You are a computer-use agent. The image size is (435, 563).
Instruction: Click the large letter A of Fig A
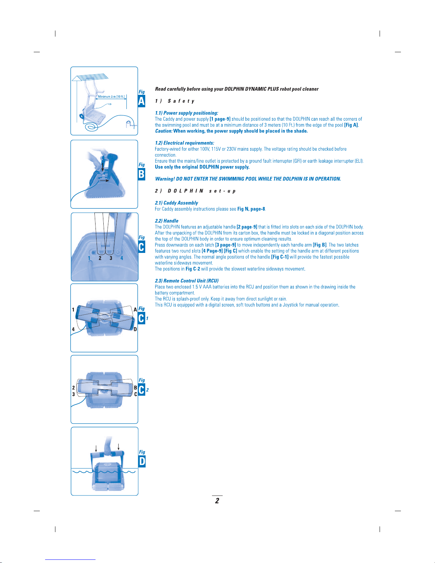click(141, 101)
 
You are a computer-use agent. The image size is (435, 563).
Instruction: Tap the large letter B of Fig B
click(141, 174)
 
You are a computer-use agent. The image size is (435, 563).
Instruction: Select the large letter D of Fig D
click(142, 461)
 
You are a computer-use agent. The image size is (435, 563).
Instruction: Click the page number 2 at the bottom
click(217, 500)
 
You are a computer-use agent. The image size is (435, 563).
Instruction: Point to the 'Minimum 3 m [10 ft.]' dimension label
click(111, 97)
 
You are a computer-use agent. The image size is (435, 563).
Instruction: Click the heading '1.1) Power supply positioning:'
click(186, 113)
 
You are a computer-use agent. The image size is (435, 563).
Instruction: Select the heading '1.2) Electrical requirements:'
click(184, 143)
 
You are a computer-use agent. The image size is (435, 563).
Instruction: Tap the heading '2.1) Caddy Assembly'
click(176, 203)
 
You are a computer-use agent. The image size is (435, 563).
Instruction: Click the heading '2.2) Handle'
click(167, 221)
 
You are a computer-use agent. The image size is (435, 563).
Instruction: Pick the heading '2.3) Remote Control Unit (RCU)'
click(187, 281)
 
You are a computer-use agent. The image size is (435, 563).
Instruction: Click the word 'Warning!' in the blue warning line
click(165, 179)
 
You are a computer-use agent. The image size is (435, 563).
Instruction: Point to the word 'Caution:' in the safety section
click(164, 131)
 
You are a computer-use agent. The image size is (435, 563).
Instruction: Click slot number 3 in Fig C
click(111, 258)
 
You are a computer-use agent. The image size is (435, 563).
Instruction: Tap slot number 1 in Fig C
click(89, 258)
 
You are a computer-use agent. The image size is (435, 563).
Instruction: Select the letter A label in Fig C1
click(135, 310)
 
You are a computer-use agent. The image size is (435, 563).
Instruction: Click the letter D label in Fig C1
click(135, 329)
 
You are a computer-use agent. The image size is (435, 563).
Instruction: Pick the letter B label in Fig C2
click(135, 388)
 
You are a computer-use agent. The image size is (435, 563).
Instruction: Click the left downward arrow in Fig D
click(96, 449)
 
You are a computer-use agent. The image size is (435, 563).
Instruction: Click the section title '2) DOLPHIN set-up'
click(195, 191)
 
